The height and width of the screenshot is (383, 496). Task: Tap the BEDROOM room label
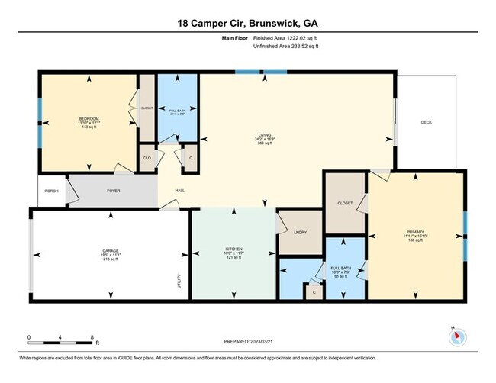click(89, 118)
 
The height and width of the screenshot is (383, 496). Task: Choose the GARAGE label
click(111, 249)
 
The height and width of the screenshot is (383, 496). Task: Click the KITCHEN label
click(233, 249)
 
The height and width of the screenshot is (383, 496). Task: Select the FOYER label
click(113, 191)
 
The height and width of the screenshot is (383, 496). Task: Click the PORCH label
click(52, 191)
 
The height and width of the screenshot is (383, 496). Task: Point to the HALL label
click(180, 191)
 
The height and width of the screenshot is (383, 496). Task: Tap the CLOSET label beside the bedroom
click(147, 108)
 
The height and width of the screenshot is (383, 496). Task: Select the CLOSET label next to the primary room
click(345, 203)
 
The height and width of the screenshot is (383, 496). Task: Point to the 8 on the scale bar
click(92, 336)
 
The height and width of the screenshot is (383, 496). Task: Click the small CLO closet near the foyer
click(147, 158)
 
